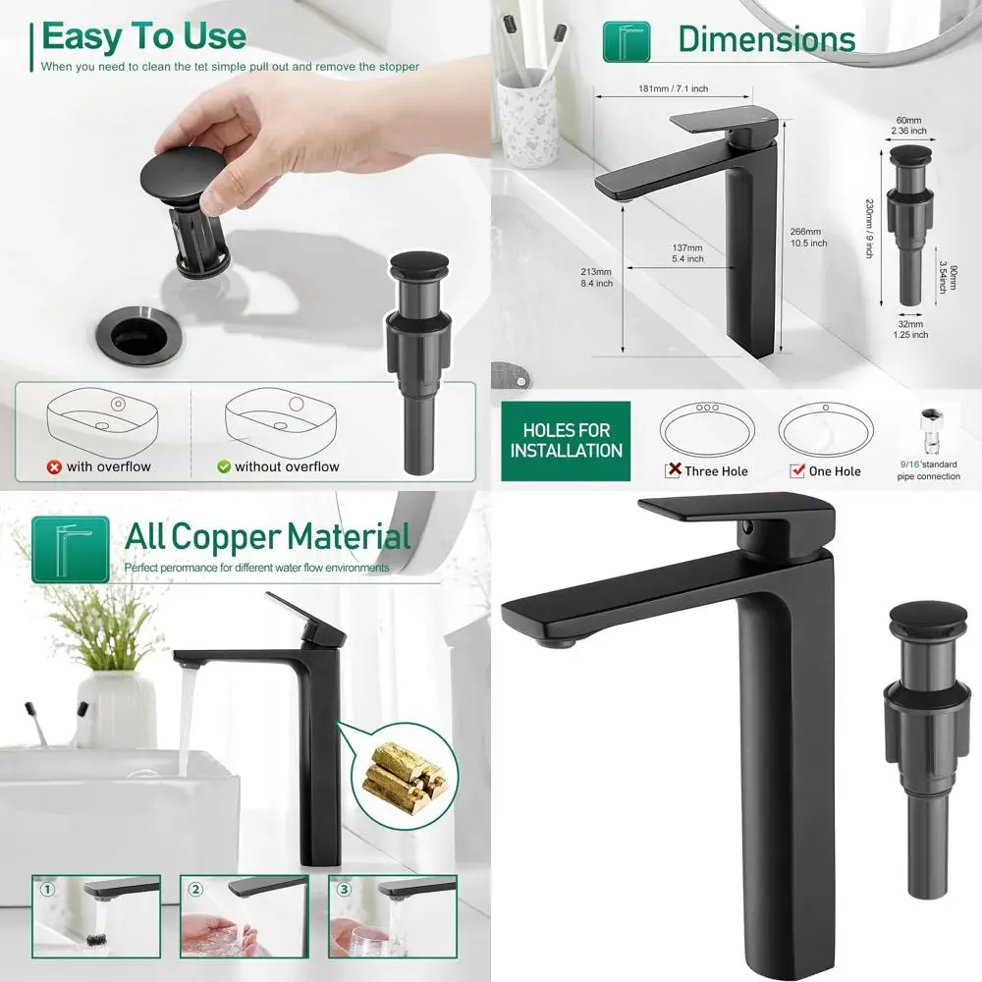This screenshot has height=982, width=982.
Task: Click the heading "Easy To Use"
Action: tap(143, 36)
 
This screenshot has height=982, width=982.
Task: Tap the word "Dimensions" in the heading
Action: tap(766, 39)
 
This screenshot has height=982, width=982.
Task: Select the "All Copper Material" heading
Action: tap(267, 537)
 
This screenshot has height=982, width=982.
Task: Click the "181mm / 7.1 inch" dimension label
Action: tap(673, 89)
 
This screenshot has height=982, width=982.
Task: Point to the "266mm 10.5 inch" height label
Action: tap(808, 238)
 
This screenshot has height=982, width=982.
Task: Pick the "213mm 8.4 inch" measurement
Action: tap(596, 277)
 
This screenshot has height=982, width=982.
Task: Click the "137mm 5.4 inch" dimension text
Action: tap(687, 253)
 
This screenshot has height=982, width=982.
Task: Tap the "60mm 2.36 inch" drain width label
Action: tap(908, 125)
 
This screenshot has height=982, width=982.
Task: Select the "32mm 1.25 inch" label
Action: tap(909, 329)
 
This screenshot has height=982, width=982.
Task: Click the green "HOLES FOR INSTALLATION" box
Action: tap(567, 441)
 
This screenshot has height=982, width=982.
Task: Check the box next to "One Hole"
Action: tap(796, 471)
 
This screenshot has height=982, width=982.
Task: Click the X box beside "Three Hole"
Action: tap(674, 470)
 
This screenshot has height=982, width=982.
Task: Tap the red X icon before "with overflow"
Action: tap(54, 467)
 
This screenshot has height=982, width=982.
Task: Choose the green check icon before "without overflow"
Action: tap(223, 467)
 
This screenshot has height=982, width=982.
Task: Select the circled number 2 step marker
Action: tap(195, 890)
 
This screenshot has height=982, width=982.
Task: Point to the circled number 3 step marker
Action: tap(343, 890)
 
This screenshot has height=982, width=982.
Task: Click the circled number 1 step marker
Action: tap(45, 890)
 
